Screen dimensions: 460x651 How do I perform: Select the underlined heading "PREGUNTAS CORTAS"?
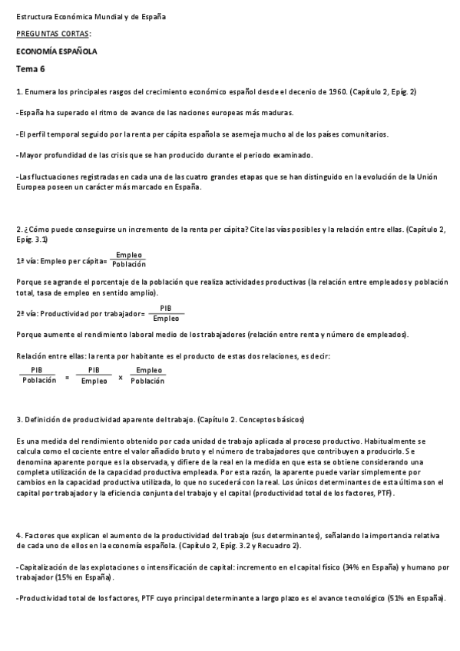tap(52, 34)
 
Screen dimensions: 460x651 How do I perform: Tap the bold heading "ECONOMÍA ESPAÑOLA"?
tap(56, 51)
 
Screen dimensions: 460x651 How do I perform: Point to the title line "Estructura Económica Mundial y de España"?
tap(91, 16)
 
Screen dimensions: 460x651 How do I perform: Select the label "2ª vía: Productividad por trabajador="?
tap(80, 313)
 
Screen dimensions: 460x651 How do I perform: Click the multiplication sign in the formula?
tap(121, 376)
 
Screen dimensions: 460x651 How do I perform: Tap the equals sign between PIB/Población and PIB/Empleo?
tap(67, 376)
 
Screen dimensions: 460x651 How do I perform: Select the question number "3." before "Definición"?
tap(18, 420)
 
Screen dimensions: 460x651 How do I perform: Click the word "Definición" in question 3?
tap(43, 420)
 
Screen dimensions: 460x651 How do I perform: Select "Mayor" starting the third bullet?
tap(30, 155)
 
